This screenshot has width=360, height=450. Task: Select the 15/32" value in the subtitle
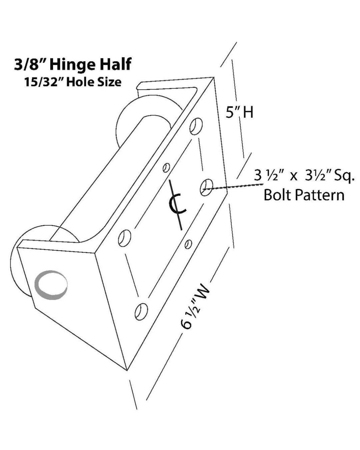(43, 82)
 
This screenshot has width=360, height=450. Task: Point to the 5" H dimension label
(239, 112)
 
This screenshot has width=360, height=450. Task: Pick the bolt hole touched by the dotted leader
(206, 187)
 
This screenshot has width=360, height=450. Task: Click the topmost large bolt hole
(196, 126)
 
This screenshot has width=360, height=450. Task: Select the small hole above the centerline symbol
(165, 167)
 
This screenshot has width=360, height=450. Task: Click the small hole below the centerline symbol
(188, 244)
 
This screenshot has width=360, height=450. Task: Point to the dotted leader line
(230, 187)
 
